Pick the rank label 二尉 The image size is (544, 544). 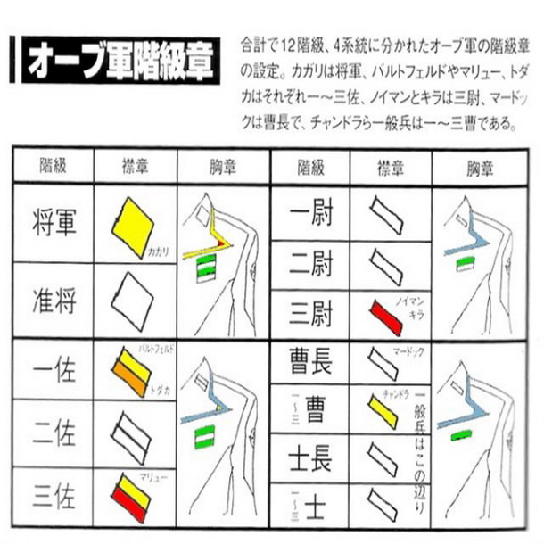click(x=310, y=265)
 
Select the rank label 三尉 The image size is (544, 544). click(x=310, y=315)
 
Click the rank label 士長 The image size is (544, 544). click(x=310, y=461)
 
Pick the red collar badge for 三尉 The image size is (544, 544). click(x=384, y=317)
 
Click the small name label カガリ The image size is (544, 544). click(x=159, y=252)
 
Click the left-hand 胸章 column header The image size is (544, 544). click(x=223, y=166)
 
